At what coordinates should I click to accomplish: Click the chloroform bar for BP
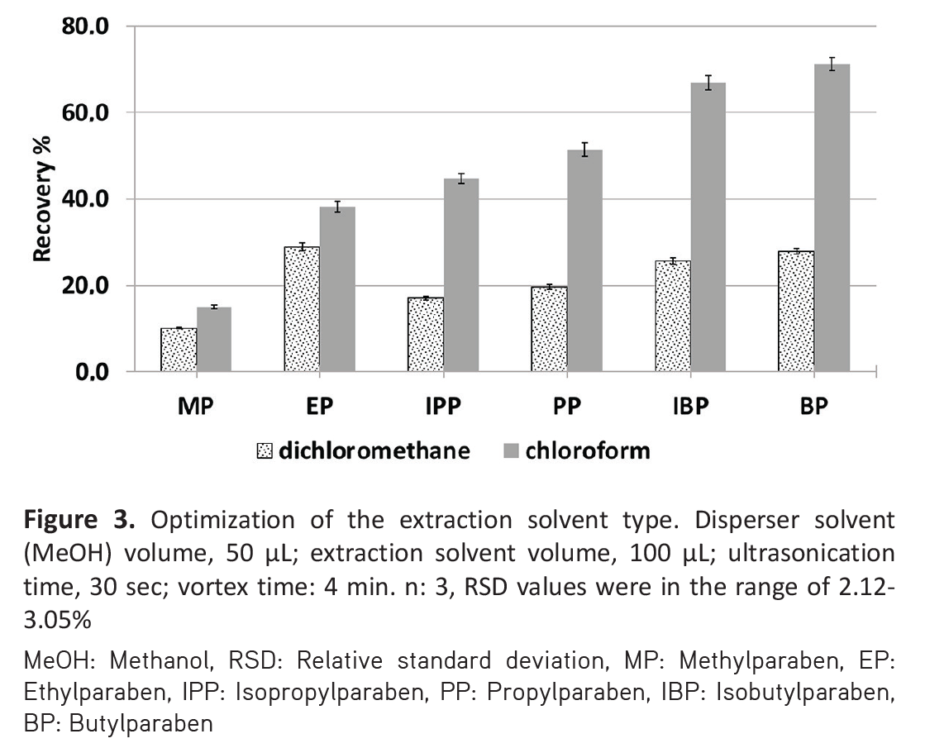(832, 218)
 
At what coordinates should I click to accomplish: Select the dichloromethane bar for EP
(302, 309)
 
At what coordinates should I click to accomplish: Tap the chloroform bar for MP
(213, 340)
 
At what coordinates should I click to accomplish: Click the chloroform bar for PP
(584, 261)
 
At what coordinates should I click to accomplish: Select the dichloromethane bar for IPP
(426, 335)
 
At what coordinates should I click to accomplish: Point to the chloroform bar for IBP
(708, 227)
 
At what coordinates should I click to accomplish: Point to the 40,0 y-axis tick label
(84, 200)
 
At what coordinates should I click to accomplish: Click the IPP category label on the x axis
(443, 408)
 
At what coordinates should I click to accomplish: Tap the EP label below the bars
(319, 408)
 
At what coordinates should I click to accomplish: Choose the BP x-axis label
(814, 408)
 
